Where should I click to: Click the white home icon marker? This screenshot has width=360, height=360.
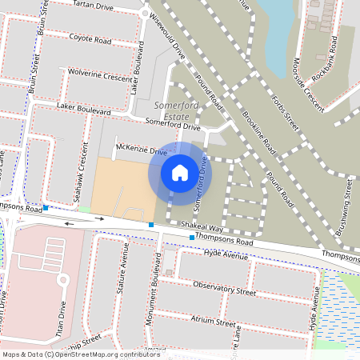pyautogui.click(x=180, y=172)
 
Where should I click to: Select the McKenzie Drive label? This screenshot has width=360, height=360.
pyautogui.click(x=141, y=150)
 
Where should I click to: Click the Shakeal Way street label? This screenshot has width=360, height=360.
pyautogui.click(x=200, y=227)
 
